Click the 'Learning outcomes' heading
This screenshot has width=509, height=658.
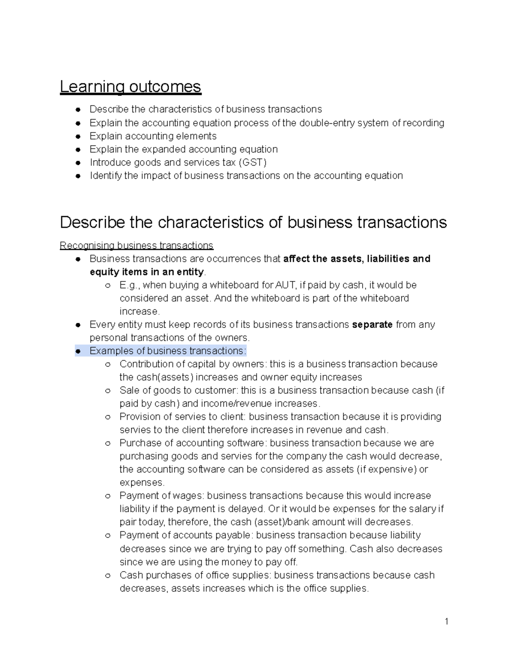coord(130,86)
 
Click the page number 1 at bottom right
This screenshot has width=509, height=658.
coord(446,622)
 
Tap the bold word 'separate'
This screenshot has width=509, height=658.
coord(372,325)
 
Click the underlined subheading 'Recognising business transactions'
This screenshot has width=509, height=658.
coord(137,245)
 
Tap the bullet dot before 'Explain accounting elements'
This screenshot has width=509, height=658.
coord(78,136)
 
